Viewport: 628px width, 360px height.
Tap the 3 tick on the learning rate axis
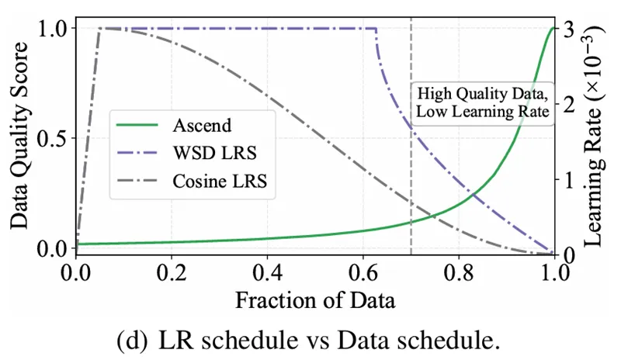pos(575,27)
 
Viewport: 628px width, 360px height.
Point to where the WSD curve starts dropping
pos(376,29)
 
